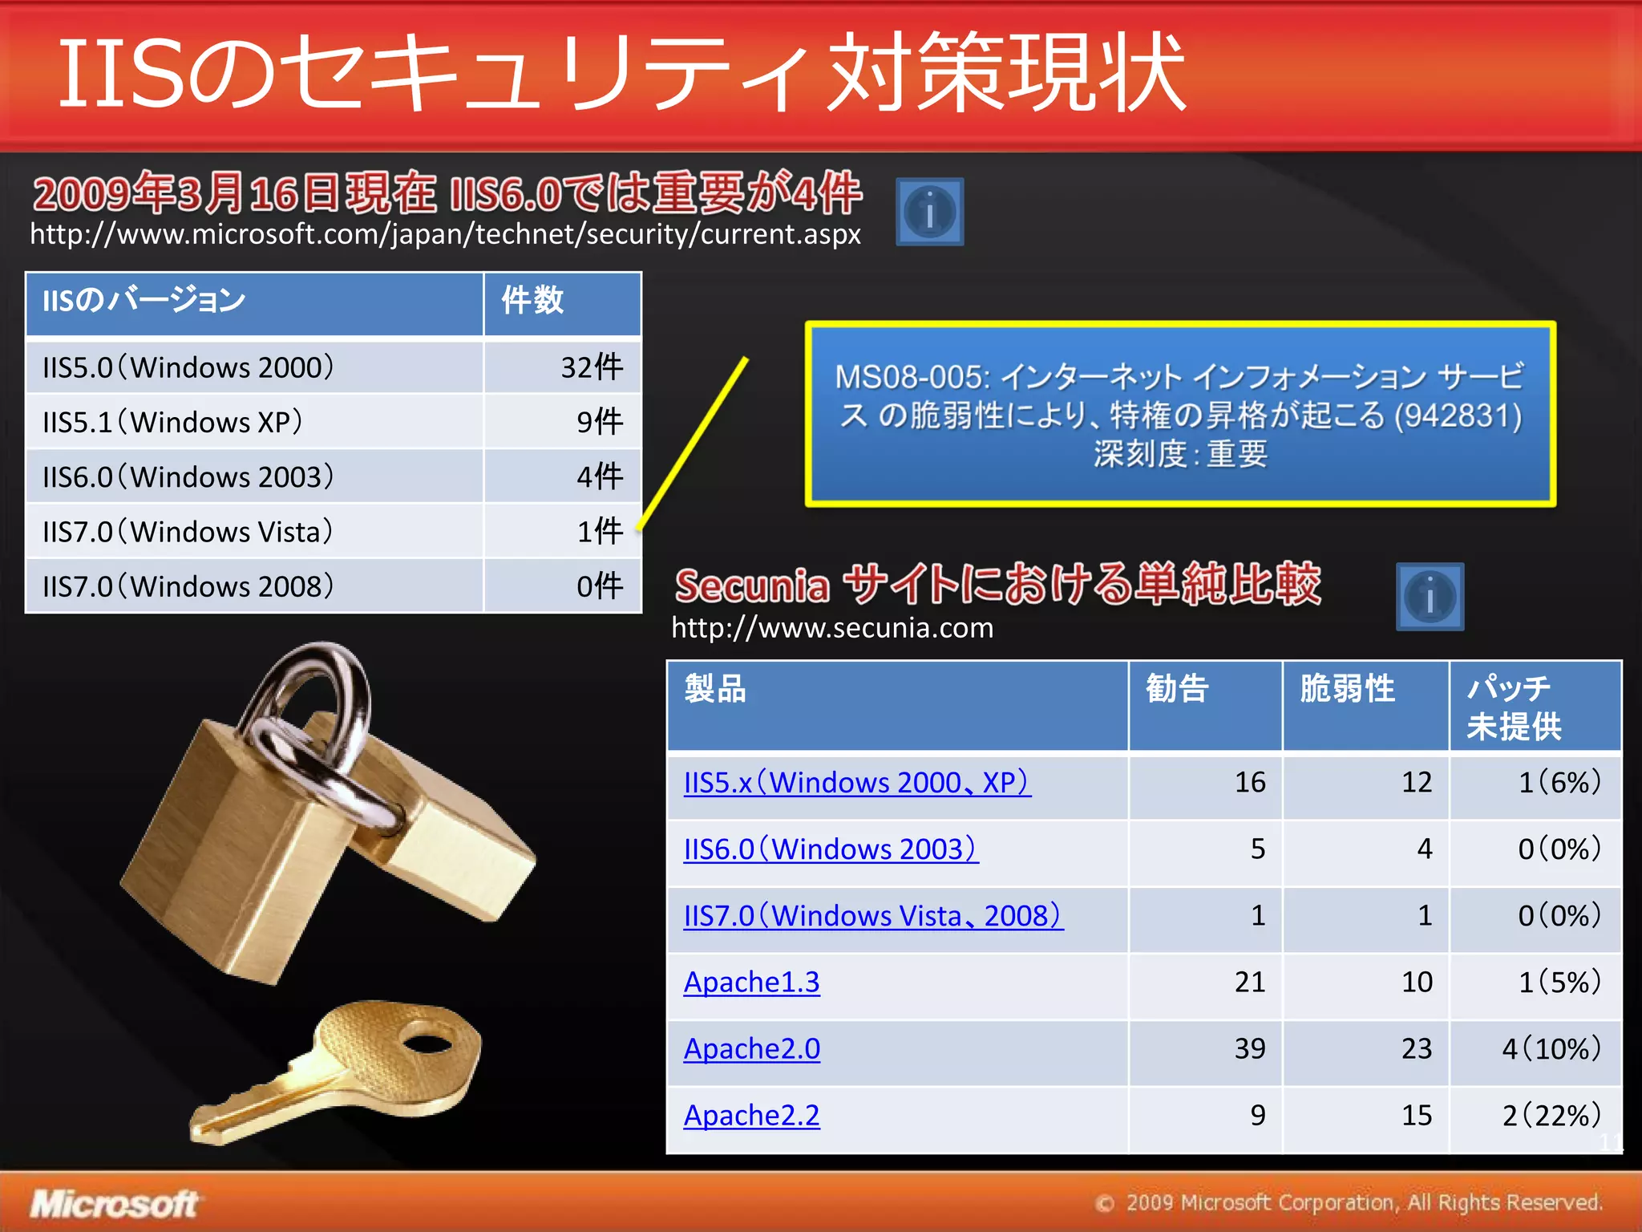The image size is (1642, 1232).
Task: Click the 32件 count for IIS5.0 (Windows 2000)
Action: tap(592, 367)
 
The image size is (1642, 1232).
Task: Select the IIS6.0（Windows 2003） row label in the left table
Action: tap(188, 477)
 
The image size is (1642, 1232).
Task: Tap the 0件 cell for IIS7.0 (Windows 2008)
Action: tap(600, 586)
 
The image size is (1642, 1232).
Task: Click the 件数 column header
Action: tap(533, 301)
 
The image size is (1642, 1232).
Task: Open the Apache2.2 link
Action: tap(751, 1115)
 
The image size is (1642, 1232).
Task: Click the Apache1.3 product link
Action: tap(751, 982)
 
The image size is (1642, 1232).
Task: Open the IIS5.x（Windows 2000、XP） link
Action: tap(856, 782)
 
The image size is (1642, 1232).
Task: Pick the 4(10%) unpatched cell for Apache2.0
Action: tap(1551, 1048)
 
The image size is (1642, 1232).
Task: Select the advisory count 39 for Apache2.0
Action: tap(1249, 1048)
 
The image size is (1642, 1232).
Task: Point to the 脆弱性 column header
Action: tap(1347, 689)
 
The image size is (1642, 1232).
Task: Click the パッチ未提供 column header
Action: tap(1514, 707)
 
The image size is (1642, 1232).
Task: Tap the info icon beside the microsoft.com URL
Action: tap(929, 212)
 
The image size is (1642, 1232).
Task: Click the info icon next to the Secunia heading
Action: tap(1430, 597)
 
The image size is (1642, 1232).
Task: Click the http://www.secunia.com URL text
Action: tap(832, 628)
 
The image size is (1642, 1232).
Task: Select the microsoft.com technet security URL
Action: tap(445, 234)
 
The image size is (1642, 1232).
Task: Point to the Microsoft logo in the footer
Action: tap(115, 1204)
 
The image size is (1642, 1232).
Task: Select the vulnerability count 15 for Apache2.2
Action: tap(1416, 1115)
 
